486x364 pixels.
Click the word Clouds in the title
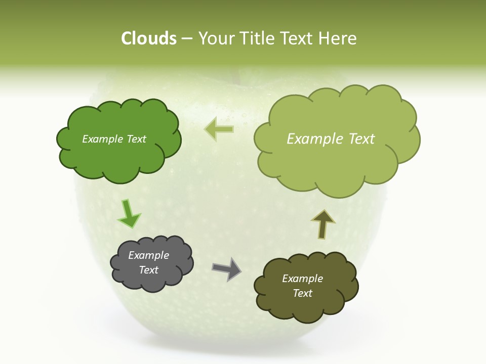(x=148, y=38)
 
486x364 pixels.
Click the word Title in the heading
(x=258, y=38)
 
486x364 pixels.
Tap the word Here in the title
(x=339, y=38)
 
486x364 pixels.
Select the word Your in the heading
(x=216, y=38)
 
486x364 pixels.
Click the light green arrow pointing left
(x=219, y=129)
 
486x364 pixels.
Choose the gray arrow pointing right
(x=226, y=268)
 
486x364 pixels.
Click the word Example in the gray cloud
(x=148, y=255)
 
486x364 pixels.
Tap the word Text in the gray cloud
(x=148, y=270)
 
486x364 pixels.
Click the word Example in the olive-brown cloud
(x=302, y=279)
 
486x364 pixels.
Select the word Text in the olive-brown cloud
(x=302, y=293)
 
